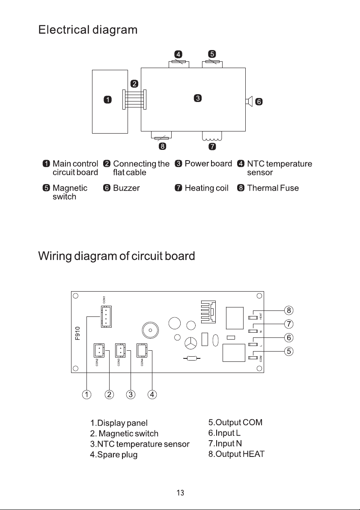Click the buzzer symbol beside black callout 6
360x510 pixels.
[249, 101]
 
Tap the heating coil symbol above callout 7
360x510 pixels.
[212, 137]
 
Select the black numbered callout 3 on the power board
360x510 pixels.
[198, 98]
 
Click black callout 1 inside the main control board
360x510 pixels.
[107, 100]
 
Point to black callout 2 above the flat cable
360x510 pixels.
[134, 84]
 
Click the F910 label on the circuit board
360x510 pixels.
[77, 334]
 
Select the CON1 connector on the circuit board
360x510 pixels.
[106, 316]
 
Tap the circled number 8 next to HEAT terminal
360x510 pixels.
[289, 310]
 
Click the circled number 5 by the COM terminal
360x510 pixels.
[289, 351]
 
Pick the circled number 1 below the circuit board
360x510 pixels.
[86, 394]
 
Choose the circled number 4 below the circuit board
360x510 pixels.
[152, 394]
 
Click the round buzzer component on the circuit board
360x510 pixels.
[150, 330]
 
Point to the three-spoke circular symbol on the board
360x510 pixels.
[190, 343]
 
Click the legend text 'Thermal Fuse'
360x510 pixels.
[273, 188]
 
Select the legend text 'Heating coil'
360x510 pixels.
[206, 188]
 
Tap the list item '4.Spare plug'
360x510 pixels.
[114, 454]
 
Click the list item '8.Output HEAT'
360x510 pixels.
[236, 454]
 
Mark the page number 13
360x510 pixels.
[181, 493]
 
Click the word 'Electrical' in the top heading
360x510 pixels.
[64, 30]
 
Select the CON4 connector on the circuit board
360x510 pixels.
[142, 350]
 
